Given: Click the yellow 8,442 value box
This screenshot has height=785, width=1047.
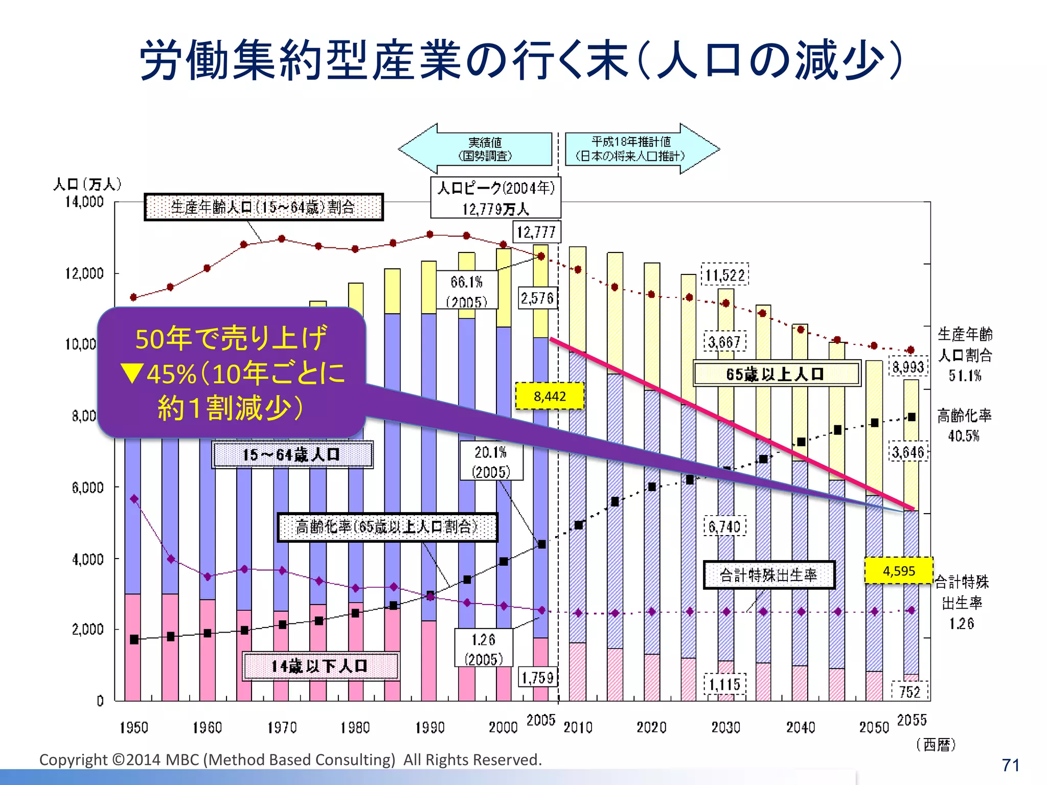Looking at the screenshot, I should click(x=550, y=396).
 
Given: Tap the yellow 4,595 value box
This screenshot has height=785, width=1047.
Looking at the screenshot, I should click(x=899, y=571).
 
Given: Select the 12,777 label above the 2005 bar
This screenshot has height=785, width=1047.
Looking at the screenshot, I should click(x=536, y=233).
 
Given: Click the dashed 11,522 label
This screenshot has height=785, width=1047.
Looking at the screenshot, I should click(x=725, y=275).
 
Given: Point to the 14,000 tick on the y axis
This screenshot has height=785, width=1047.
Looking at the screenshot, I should click(x=84, y=202).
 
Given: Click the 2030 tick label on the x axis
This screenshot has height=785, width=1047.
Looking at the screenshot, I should click(x=725, y=727).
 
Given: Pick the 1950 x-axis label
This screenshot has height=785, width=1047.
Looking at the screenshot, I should click(x=133, y=727).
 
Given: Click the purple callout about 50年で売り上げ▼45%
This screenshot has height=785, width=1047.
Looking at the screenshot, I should click(x=231, y=373).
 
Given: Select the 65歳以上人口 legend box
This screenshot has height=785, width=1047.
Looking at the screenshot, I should click(x=777, y=374).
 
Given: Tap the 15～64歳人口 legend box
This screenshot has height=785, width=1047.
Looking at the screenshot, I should click(x=292, y=454).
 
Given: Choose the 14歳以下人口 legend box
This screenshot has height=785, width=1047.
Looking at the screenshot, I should click(x=321, y=666).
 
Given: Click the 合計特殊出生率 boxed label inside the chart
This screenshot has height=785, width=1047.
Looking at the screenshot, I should click(x=768, y=575).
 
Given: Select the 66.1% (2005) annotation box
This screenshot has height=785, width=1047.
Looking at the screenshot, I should click(x=466, y=290).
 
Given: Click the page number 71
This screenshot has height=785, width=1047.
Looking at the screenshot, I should click(x=1010, y=765).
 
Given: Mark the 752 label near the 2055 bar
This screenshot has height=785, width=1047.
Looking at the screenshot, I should click(x=909, y=692).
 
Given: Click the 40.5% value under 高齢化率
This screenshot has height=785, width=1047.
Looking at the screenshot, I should click(x=964, y=436).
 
